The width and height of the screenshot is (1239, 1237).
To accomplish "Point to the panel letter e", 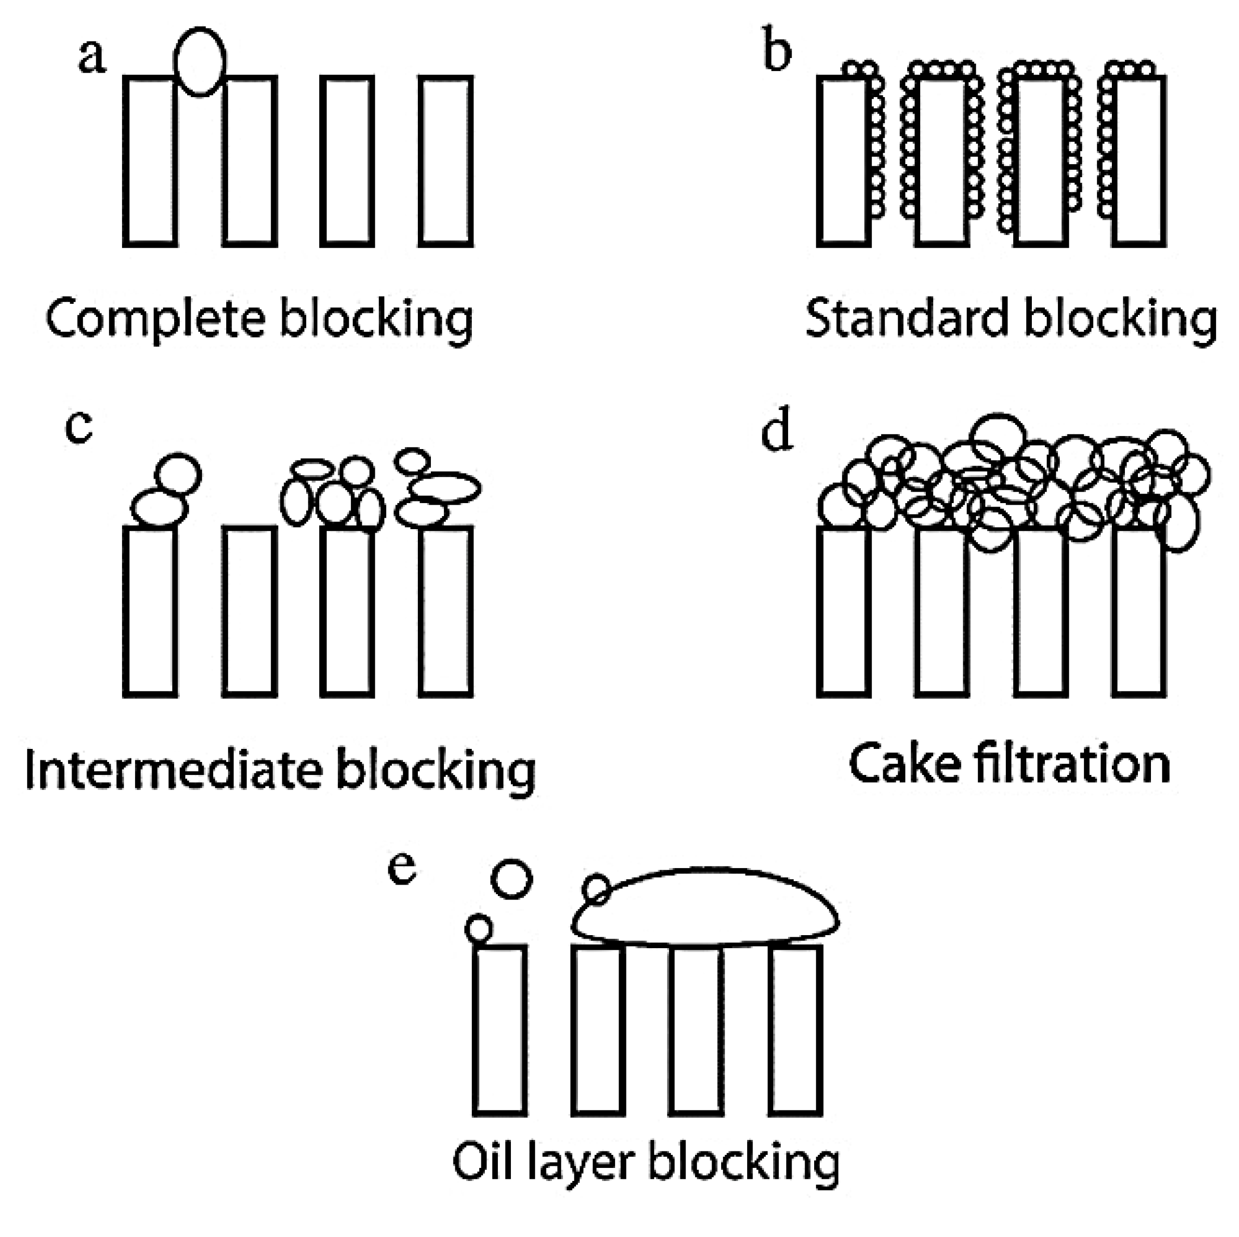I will coord(403,870).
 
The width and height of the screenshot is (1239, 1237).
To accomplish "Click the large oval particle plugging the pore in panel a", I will coord(200,62).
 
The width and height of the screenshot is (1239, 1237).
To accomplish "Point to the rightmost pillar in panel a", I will coord(446,161).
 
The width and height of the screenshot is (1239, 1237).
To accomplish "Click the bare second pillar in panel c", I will coord(250,611).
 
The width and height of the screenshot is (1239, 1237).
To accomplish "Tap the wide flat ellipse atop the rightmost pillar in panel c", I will coord(444,488).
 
